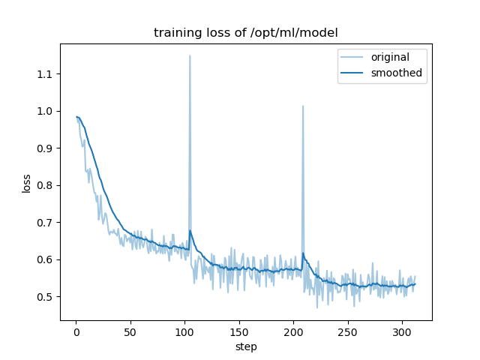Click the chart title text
pyautogui.click(x=246, y=33)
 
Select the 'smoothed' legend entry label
pyautogui.click(x=397, y=73)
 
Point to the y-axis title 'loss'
pyautogui.click(x=26, y=183)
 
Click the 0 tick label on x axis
pyautogui.click(x=76, y=331)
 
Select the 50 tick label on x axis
pyautogui.click(x=130, y=331)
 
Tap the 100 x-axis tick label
pyautogui.click(x=184, y=331)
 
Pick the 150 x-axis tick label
pyautogui.click(x=239, y=331)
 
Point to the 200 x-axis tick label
pyautogui.click(x=293, y=331)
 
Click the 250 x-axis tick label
pyautogui.click(x=348, y=331)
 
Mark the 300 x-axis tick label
pyautogui.click(x=402, y=331)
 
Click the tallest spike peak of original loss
pyautogui.click(x=190, y=55)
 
